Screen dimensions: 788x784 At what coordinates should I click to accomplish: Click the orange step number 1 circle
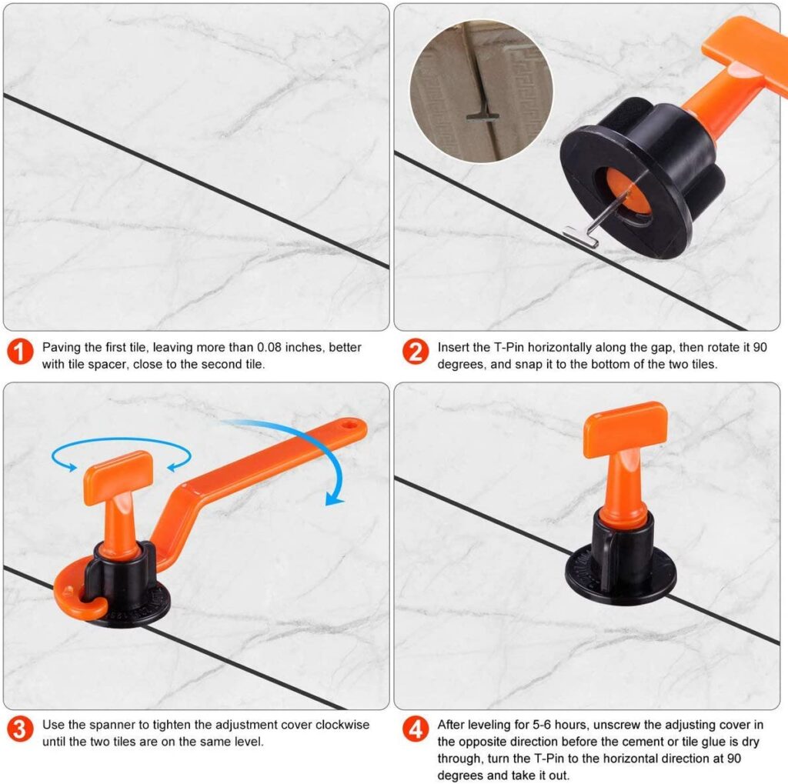tap(20, 352)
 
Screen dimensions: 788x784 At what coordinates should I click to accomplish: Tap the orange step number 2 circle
tap(416, 352)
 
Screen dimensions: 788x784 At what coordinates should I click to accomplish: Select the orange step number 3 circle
tap(20, 729)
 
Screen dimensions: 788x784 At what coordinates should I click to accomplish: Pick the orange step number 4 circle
tap(416, 729)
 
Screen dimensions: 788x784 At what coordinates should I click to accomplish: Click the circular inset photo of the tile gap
tap(482, 91)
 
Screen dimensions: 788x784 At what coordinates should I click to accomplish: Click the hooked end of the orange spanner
tap(79, 596)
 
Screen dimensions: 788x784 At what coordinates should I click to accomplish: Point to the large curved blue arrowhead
tap(334, 498)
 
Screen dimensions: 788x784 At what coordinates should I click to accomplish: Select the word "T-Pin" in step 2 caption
tap(509, 347)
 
